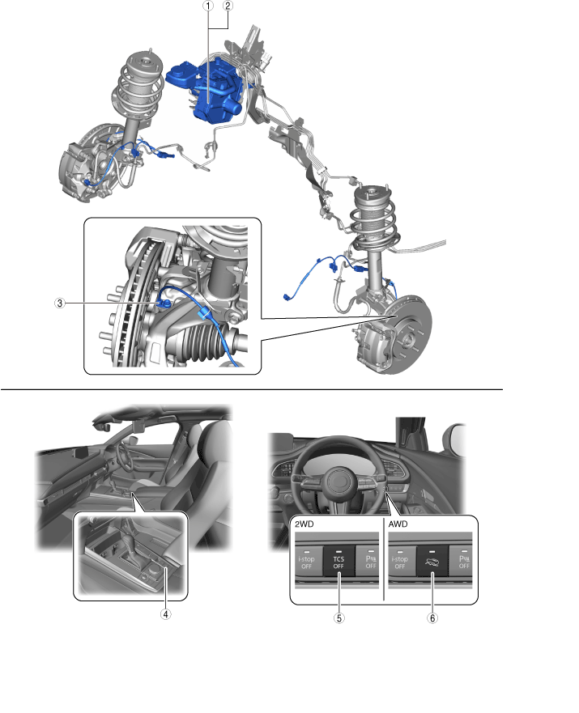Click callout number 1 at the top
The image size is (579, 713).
click(208, 6)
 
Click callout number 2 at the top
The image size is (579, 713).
click(228, 6)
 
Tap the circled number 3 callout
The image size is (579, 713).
click(60, 303)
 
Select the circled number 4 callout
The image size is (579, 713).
click(165, 614)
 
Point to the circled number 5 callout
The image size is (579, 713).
click(338, 618)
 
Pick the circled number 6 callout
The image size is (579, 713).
click(432, 618)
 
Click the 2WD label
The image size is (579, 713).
click(304, 524)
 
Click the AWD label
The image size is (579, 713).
click(398, 524)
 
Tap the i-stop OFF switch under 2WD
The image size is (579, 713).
click(307, 561)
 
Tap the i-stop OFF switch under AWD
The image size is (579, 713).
click(401, 561)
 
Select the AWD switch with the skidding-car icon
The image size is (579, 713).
click(432, 562)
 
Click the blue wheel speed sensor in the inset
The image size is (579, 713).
click(164, 303)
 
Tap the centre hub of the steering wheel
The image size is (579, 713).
click(338, 482)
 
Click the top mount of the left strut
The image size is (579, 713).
click(143, 64)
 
